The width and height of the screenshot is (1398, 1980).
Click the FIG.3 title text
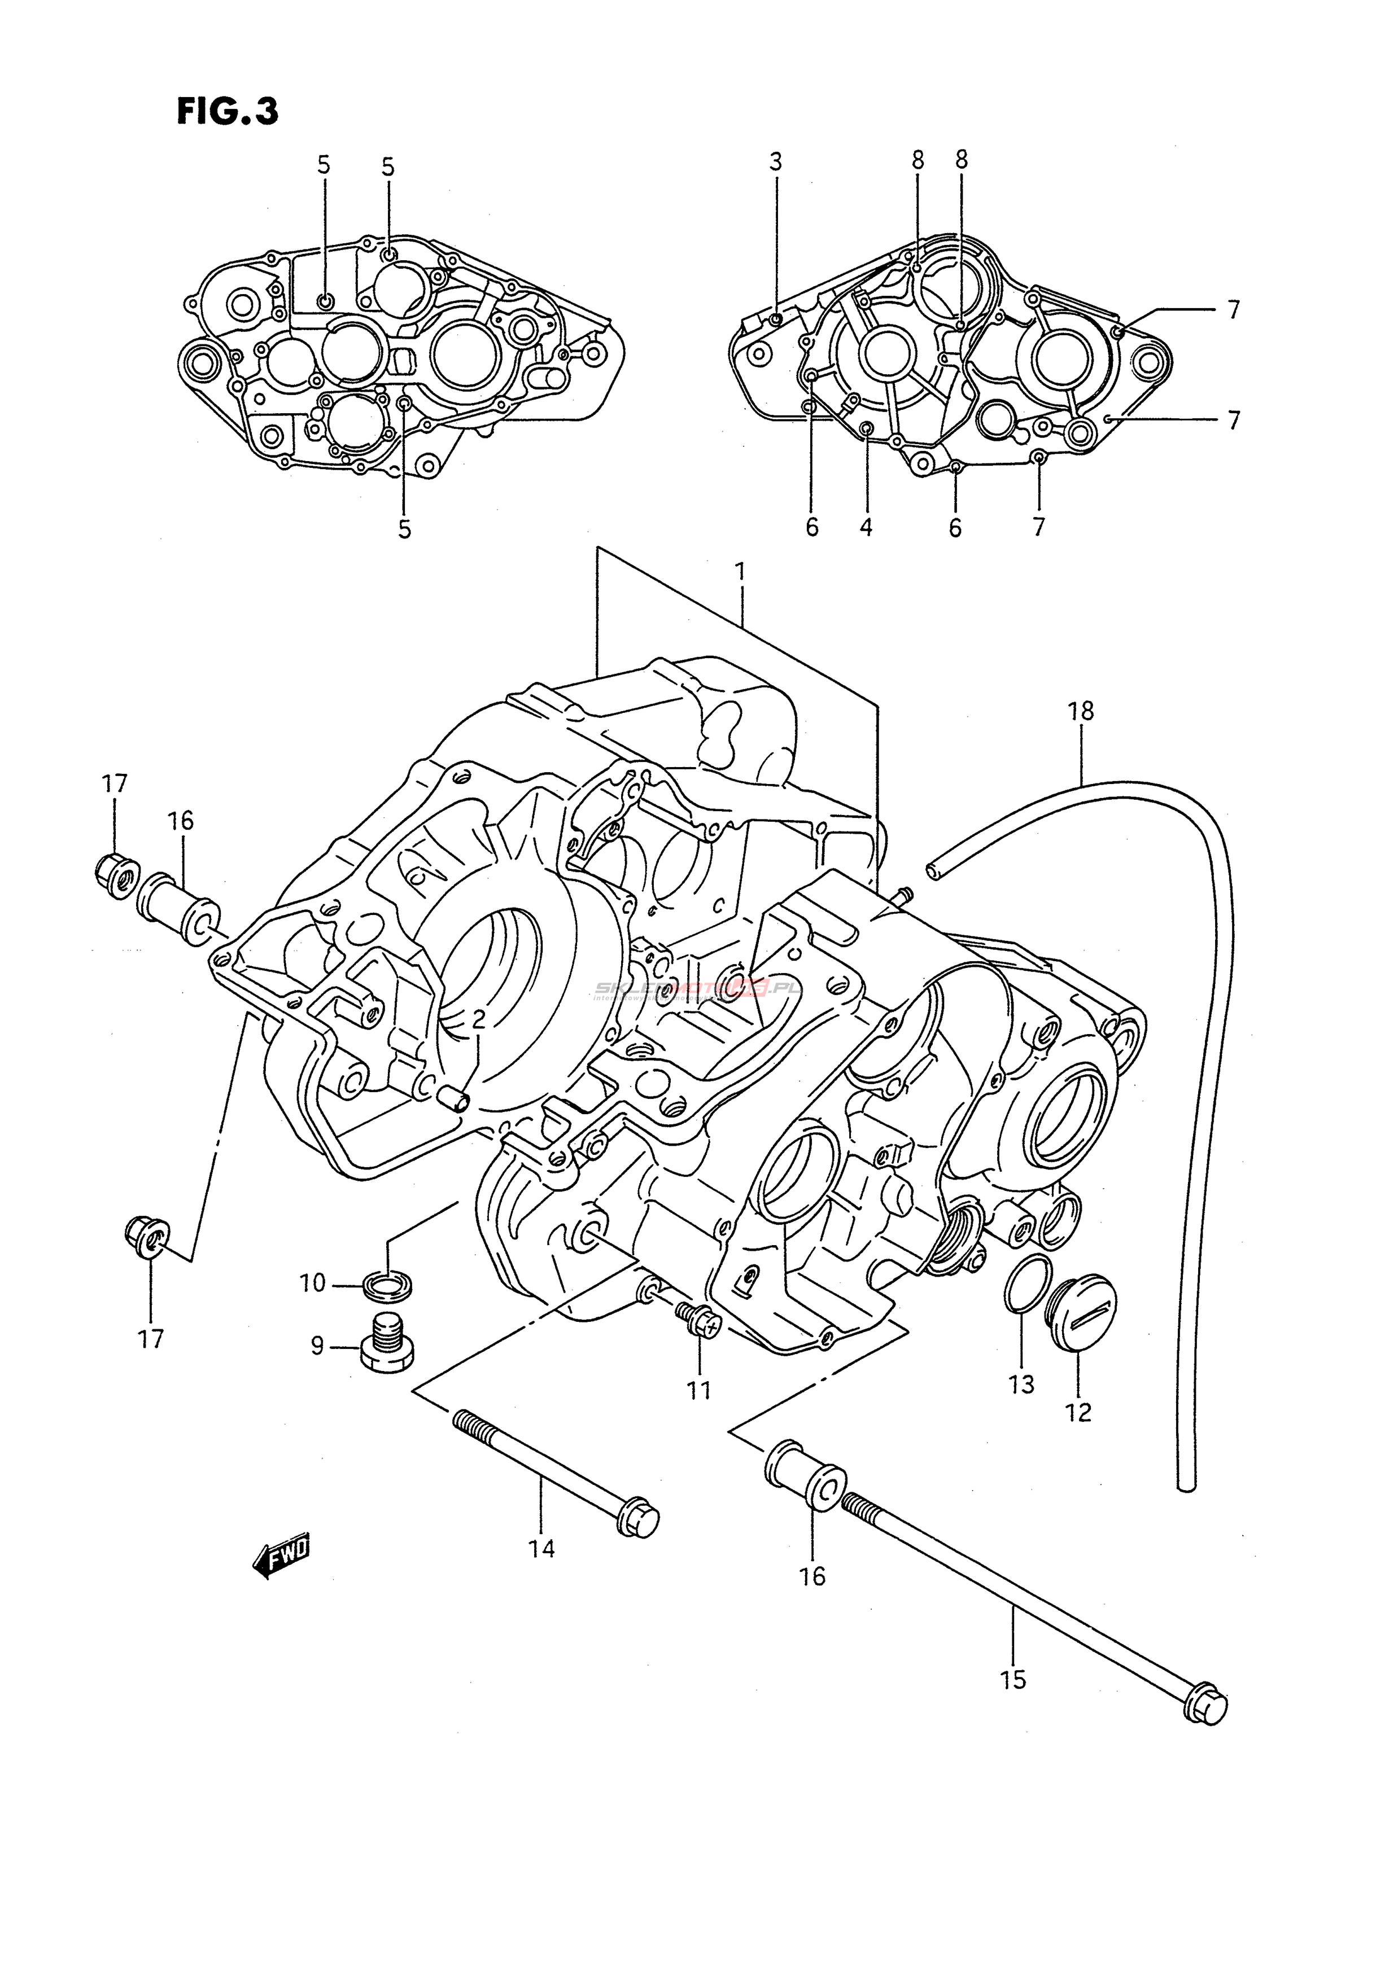[x=228, y=111]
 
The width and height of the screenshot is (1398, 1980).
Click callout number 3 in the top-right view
[x=775, y=161]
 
